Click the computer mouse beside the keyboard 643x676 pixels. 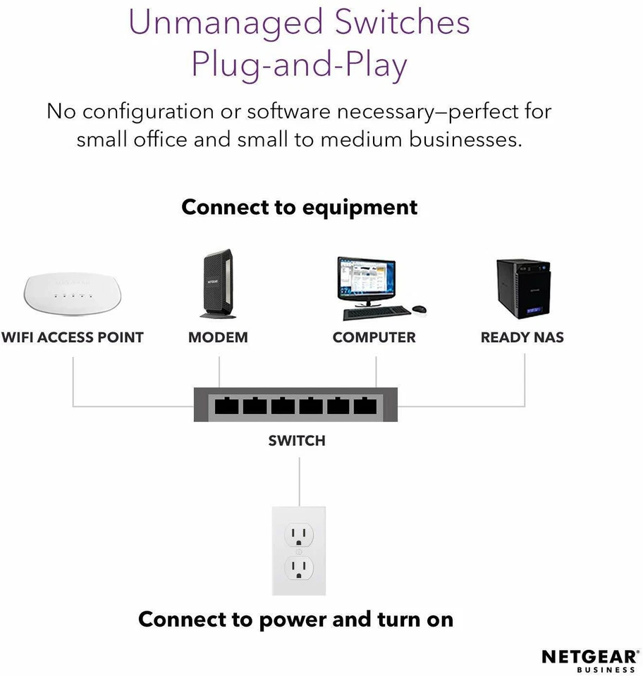click(420, 310)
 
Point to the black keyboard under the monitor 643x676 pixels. click(376, 311)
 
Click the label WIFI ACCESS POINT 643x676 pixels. click(72, 337)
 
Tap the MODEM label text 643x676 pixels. click(218, 337)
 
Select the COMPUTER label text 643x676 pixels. click(374, 337)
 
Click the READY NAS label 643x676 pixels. click(522, 337)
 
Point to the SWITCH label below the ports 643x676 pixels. click(297, 441)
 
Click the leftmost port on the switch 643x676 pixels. click(227, 406)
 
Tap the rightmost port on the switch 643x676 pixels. click(365, 406)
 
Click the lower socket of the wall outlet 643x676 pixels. click(299, 568)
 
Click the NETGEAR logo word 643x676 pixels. click(588, 656)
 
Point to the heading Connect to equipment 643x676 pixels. click(300, 208)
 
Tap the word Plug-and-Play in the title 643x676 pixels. click(300, 65)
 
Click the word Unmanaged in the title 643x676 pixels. click(214, 23)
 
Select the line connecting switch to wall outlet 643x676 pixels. click(299, 482)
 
